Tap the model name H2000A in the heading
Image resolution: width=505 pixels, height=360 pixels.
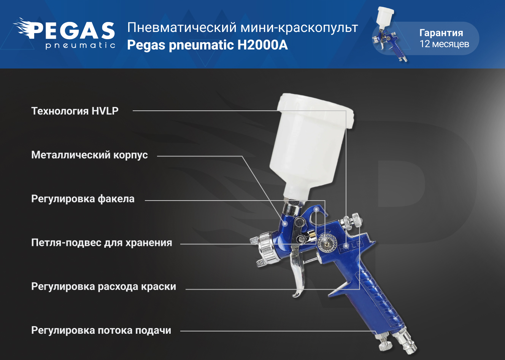[263, 45]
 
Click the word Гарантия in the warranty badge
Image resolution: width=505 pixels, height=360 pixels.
[441, 33]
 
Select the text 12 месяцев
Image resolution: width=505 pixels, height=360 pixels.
[444, 44]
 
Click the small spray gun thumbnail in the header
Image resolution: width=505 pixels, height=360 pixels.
[389, 34]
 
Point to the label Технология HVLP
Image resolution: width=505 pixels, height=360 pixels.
[75, 111]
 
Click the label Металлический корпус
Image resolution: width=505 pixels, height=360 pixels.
[89, 155]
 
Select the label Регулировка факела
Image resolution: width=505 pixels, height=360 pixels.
[83, 199]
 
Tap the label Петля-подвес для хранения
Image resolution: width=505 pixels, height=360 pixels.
[102, 243]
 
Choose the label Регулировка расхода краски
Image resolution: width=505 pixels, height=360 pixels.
[104, 287]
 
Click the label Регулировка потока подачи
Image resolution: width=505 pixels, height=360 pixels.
[101, 330]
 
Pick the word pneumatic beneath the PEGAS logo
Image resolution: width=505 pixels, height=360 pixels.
[81, 45]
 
